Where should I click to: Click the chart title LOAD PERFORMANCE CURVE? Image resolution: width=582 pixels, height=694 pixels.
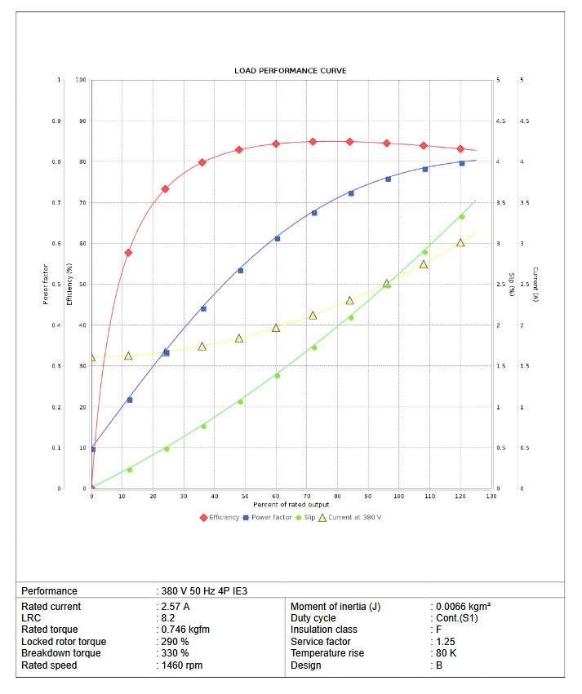[x=291, y=71]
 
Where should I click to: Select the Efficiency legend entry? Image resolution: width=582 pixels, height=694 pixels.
[x=220, y=517]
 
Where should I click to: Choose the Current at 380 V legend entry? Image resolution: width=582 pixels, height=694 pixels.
[x=349, y=517]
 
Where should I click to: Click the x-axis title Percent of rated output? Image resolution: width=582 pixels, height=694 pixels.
[x=291, y=505]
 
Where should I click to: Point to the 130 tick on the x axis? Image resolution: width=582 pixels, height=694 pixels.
[x=491, y=496]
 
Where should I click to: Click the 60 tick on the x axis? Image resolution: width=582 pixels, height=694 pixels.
[x=276, y=496]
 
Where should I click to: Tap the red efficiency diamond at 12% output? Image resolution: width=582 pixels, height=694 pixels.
[x=128, y=253]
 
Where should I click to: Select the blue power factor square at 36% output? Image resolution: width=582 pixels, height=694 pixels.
[x=203, y=308]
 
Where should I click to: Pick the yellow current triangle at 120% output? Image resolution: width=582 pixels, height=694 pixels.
[x=460, y=243]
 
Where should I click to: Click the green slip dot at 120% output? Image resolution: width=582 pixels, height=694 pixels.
[x=462, y=217]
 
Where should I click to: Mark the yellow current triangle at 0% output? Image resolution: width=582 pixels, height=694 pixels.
[x=91, y=357]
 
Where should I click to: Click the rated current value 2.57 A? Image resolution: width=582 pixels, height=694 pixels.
[x=176, y=607]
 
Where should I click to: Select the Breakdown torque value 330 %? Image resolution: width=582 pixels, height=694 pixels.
[x=175, y=653]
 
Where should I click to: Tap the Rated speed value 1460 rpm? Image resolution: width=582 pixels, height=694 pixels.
[x=181, y=665]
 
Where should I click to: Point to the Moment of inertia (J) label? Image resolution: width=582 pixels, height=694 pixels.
[x=335, y=607]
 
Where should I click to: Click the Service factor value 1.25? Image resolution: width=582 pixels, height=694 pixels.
[x=445, y=642]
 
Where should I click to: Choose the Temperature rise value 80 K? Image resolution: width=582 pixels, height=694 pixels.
[x=446, y=653]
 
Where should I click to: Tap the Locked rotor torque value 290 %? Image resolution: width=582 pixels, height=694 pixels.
[x=175, y=642]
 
